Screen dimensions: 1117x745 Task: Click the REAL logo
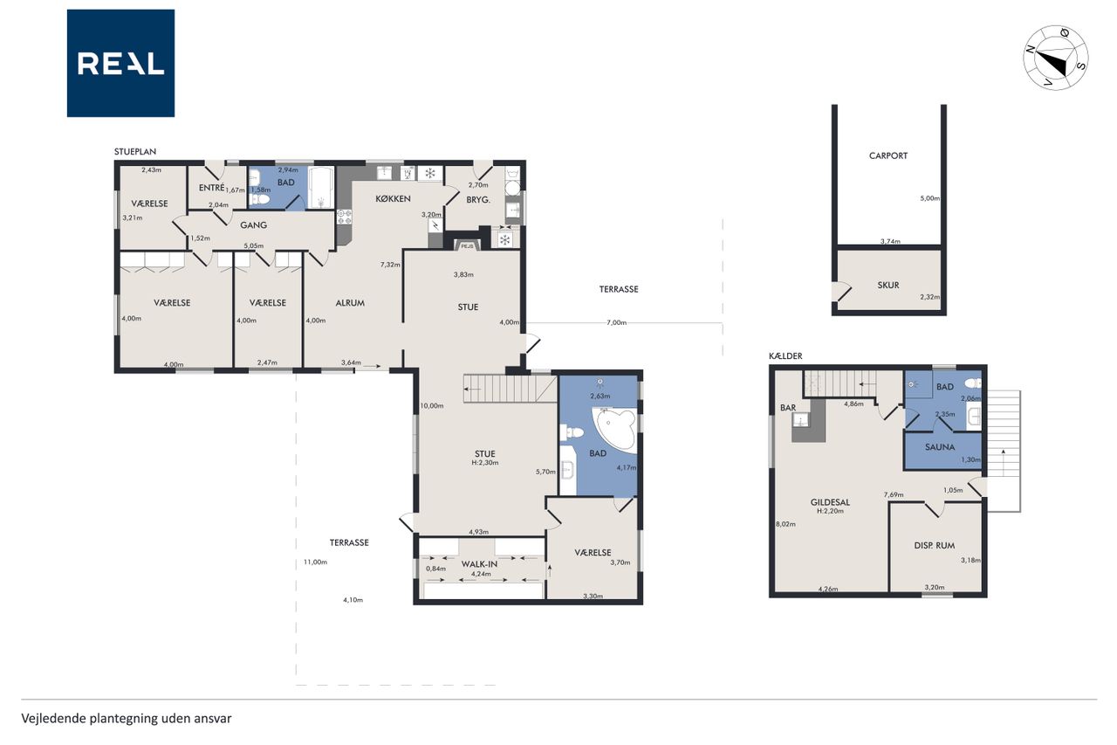pos(120,64)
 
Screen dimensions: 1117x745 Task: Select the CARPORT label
pos(888,155)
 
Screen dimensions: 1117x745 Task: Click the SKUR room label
pos(888,286)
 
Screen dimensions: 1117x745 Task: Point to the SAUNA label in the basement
pos(940,447)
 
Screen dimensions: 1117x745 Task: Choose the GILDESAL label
pos(830,502)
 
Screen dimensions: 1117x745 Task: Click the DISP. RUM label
pos(935,546)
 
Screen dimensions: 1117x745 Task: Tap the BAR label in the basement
pos(788,408)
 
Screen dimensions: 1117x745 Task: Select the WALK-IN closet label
pos(479,564)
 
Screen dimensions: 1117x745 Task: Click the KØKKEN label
pos(393,198)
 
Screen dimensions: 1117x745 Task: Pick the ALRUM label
pos(350,303)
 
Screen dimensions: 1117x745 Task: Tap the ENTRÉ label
pos(211,188)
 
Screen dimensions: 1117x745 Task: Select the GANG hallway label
pos(253,225)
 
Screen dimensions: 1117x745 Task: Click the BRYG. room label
pos(478,200)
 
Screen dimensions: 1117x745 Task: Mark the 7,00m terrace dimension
pos(616,322)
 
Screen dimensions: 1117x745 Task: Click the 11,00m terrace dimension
pos(316,562)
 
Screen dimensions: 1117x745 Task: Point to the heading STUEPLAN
pos(135,152)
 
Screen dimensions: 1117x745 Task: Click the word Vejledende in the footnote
pos(53,719)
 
